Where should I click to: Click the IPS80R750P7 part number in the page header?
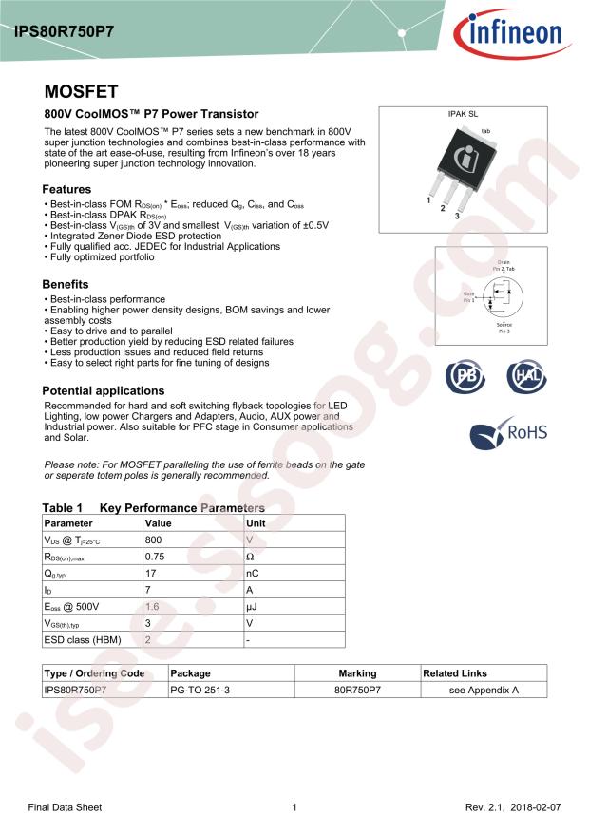(x=64, y=30)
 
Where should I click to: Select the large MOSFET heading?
(x=81, y=92)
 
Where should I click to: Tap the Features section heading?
(x=66, y=189)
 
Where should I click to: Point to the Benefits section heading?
(x=66, y=284)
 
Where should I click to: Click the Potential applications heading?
(x=104, y=390)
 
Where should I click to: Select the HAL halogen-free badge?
(x=525, y=376)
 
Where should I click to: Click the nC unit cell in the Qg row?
(x=253, y=573)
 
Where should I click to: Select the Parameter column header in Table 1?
(x=69, y=522)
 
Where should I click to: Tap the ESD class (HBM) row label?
(x=83, y=639)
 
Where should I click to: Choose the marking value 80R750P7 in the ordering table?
(x=357, y=691)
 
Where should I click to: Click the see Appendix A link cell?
(x=484, y=691)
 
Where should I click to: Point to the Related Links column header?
(x=455, y=673)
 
